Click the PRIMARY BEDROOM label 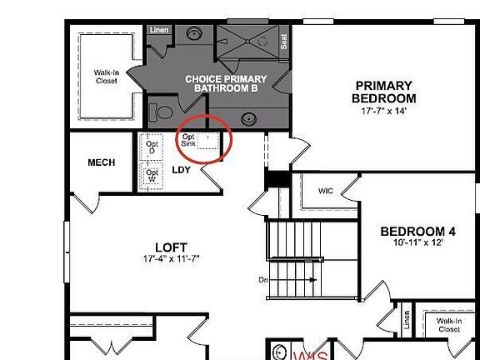click(x=383, y=92)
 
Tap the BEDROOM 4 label click(x=418, y=232)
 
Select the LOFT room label click(x=171, y=247)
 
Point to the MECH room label click(x=102, y=162)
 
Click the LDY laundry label click(x=181, y=171)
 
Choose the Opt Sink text click(x=189, y=140)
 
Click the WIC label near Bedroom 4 click(x=326, y=190)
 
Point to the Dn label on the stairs click(x=263, y=280)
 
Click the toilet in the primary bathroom click(x=162, y=109)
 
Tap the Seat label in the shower click(x=284, y=41)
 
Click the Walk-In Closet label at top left click(x=106, y=77)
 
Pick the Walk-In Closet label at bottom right click(x=447, y=325)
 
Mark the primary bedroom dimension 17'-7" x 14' click(x=383, y=110)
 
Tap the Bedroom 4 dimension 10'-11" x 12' click(x=418, y=243)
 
